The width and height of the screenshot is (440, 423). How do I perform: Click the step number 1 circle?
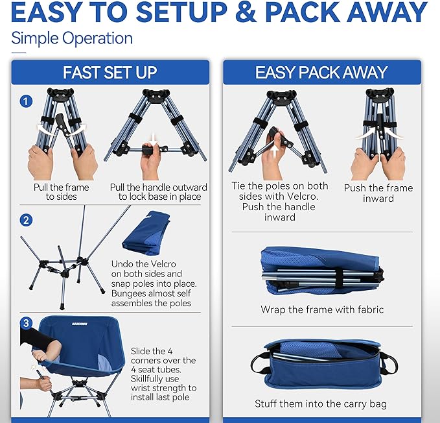pos(25,101)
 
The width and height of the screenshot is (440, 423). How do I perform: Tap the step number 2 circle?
pos(25,220)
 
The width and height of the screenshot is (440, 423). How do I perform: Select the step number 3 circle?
pos(25,322)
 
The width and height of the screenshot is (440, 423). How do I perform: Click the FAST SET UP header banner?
pos(110,73)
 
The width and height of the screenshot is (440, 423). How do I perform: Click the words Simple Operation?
pos(72,38)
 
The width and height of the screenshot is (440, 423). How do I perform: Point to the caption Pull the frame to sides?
pos(62,192)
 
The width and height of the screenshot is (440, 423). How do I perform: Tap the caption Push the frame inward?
pos(378,193)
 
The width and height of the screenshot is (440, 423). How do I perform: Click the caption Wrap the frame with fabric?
pos(322,309)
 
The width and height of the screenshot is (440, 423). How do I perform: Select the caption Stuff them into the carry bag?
pos(321,404)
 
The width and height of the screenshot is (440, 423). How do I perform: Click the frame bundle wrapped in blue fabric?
pos(322,269)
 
